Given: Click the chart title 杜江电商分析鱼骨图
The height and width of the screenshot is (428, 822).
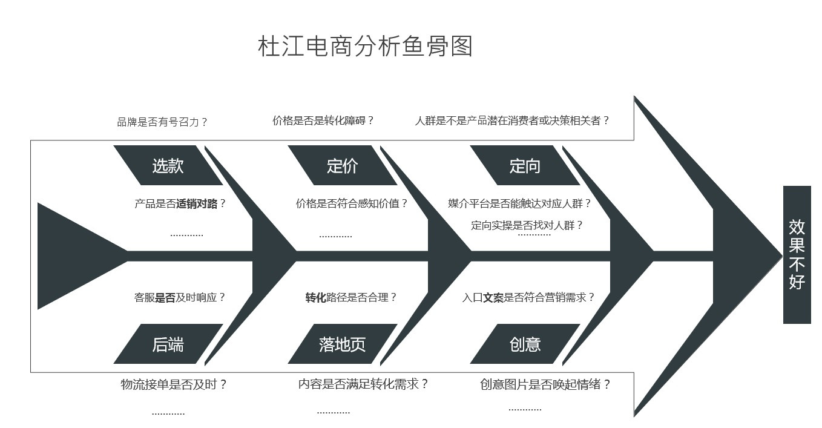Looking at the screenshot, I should (365, 47).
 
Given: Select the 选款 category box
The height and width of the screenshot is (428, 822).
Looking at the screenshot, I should (168, 165).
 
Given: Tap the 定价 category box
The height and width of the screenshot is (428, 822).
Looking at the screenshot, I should (342, 165).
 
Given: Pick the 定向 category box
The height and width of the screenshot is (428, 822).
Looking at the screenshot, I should (524, 165).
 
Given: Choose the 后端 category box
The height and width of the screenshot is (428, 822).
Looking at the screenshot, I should (168, 344).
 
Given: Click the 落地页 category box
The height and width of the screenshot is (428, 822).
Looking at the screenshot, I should (342, 344).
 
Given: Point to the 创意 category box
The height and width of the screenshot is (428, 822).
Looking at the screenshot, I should (524, 344).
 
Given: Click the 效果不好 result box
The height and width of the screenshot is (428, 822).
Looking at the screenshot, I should (797, 255).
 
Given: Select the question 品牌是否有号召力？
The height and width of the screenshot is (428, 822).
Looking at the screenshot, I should (162, 122).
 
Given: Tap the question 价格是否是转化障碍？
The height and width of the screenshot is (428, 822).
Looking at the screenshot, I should (323, 120).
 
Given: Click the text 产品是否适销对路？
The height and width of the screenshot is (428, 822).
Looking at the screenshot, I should (180, 204).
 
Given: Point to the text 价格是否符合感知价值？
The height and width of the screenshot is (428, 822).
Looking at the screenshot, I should (352, 204).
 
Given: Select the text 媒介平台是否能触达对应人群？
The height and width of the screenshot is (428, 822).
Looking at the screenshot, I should (519, 204).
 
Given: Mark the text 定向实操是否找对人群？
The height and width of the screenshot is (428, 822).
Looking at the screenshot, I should (527, 225).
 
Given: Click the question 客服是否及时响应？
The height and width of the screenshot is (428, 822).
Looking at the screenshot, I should (180, 297).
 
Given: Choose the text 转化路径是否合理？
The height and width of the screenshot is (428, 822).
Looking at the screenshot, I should (351, 297).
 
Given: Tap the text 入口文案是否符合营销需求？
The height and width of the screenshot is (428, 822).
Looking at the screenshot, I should (528, 297).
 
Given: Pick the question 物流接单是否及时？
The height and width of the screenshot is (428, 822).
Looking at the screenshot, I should (174, 384).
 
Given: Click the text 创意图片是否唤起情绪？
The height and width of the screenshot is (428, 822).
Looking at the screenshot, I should (545, 384).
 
